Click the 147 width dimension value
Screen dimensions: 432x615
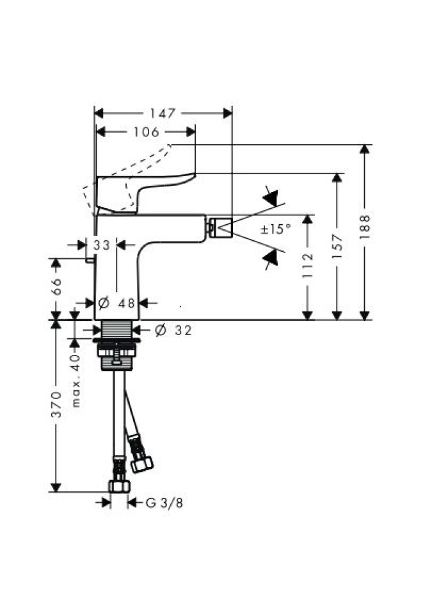pyautogui.click(x=163, y=113)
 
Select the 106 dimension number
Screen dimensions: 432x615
pyautogui.click(x=146, y=132)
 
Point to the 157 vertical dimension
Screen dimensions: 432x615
pyautogui.click(x=337, y=247)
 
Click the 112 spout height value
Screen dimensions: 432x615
pyautogui.click(x=308, y=265)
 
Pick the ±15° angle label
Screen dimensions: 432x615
pyautogui.click(x=276, y=229)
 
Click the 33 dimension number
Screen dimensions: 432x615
pyautogui.click(x=102, y=245)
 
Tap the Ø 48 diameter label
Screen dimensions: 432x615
pyautogui.click(x=116, y=303)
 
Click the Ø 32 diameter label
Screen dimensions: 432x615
pyautogui.click(x=173, y=331)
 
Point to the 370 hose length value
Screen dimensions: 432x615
pyautogui.click(x=56, y=404)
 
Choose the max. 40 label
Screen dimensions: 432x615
pyautogui.click(x=76, y=381)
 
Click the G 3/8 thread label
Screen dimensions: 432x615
pyautogui.click(x=164, y=502)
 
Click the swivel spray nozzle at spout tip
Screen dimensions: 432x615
pyautogui.click(x=220, y=227)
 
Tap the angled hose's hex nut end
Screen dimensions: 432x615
pyautogui.click(x=142, y=464)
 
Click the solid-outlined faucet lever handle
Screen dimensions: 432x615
pyautogui.click(x=145, y=193)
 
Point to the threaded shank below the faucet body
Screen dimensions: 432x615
pyautogui.click(x=116, y=328)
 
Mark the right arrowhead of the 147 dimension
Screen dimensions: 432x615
pyautogui.click(x=228, y=113)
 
